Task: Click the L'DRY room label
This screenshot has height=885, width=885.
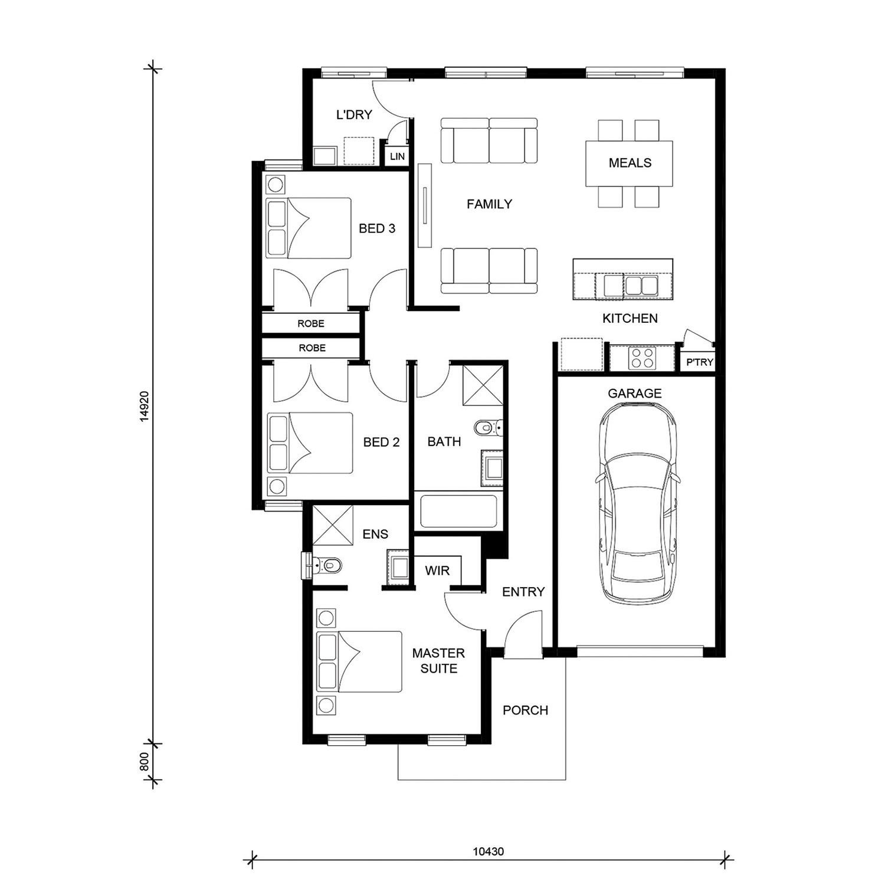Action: (x=354, y=114)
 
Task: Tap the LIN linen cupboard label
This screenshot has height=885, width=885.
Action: (x=398, y=156)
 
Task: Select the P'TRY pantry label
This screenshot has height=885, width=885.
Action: (x=700, y=362)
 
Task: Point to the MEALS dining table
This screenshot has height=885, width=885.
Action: (x=630, y=163)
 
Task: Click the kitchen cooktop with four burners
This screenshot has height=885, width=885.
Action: (x=642, y=358)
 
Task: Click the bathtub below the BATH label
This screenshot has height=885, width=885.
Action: (x=458, y=511)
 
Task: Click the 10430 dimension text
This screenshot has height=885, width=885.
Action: (x=489, y=851)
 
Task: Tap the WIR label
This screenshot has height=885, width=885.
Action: (x=437, y=571)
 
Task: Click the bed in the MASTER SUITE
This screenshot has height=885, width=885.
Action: (x=359, y=661)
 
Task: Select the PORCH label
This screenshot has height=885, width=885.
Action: (x=525, y=710)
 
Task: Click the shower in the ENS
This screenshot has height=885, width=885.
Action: (x=332, y=525)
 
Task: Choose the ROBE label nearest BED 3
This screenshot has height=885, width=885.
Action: (x=311, y=323)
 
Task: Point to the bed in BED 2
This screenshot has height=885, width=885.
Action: (x=310, y=442)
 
